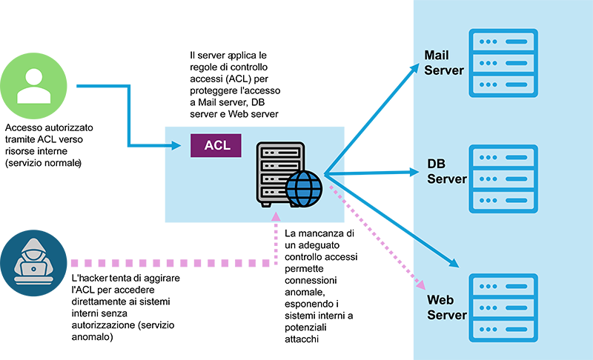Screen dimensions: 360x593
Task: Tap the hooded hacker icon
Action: [33, 264]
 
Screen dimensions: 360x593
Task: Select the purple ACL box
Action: [216, 145]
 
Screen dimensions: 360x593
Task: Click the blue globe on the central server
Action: [304, 188]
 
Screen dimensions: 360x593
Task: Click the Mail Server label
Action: [443, 63]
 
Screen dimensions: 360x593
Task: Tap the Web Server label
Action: [446, 307]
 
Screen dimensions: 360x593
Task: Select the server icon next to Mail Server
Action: [503, 63]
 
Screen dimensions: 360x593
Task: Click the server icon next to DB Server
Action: [503, 179]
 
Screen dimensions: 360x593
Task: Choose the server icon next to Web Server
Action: [503, 307]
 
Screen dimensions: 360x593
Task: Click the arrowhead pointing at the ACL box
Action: [176, 145]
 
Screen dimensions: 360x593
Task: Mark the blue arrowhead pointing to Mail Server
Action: [416, 66]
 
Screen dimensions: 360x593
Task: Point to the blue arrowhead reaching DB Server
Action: [414, 172]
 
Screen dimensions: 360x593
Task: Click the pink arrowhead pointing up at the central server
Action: [276, 216]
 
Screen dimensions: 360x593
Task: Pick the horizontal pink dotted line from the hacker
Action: [170, 263]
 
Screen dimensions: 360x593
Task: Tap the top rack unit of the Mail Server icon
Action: [503, 41]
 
